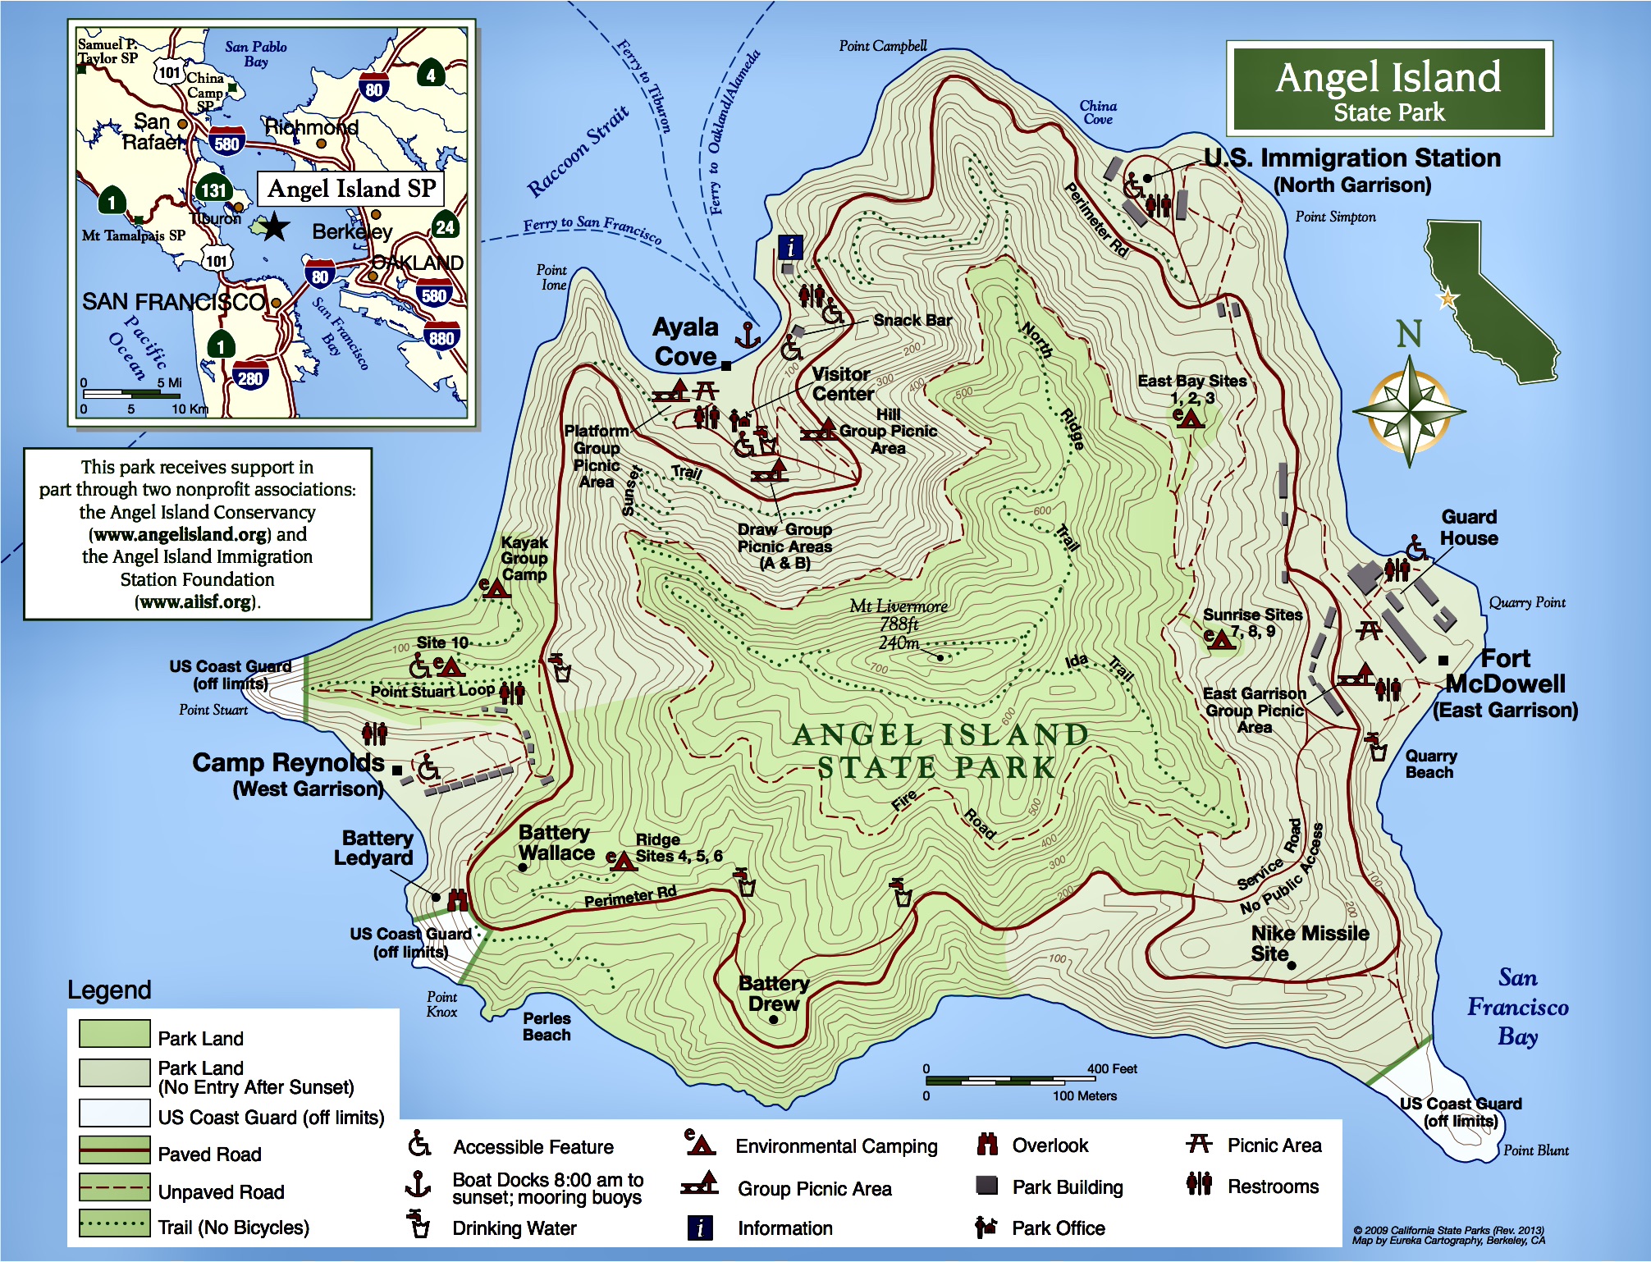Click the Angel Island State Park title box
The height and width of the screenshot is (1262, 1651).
1388,89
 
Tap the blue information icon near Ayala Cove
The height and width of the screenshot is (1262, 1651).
790,247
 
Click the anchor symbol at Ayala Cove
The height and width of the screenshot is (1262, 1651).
747,336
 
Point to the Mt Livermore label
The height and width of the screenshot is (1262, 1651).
899,607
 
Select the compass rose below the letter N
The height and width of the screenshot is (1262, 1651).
1409,408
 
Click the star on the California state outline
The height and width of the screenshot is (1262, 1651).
1447,299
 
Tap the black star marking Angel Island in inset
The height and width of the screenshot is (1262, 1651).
274,226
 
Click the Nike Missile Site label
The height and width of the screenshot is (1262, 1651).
1309,943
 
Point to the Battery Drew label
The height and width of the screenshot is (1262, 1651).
773,993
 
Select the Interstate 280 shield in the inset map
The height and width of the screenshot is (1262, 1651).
250,377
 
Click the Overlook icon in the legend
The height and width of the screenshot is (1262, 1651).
987,1145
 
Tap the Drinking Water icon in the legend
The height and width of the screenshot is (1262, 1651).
418,1225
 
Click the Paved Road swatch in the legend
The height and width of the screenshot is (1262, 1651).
115,1150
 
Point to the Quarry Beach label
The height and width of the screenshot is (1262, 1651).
1430,764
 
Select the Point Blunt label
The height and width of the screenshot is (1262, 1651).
1534,1150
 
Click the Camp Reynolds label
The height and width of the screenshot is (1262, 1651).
288,763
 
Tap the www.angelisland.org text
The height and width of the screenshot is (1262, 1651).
181,535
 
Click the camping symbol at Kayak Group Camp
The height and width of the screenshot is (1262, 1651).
494,588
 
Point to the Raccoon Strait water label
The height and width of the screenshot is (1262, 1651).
578,151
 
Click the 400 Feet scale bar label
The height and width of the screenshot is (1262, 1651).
1111,1068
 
